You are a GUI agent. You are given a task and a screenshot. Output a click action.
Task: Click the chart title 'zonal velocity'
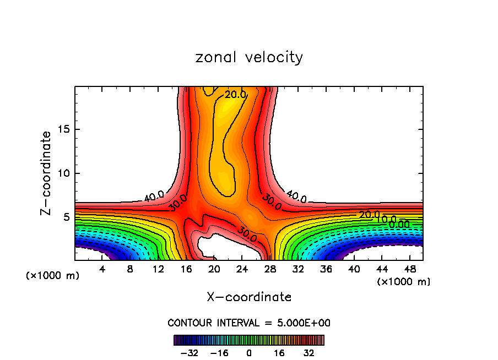(249, 57)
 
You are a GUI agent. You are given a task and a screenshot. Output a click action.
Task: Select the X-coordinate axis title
(249, 297)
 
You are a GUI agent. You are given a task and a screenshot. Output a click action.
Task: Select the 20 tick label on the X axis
(215, 269)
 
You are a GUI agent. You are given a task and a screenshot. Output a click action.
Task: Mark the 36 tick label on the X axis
(327, 269)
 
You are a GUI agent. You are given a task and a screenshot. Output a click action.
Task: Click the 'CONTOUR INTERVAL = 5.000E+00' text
(249, 323)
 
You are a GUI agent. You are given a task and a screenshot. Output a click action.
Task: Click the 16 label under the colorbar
(279, 353)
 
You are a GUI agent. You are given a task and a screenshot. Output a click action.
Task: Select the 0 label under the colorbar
(249, 353)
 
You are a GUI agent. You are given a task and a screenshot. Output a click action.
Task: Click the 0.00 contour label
(399, 224)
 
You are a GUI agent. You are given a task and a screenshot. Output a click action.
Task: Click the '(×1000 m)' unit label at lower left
(52, 276)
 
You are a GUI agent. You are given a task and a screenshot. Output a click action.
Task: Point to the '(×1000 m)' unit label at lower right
(404, 282)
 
